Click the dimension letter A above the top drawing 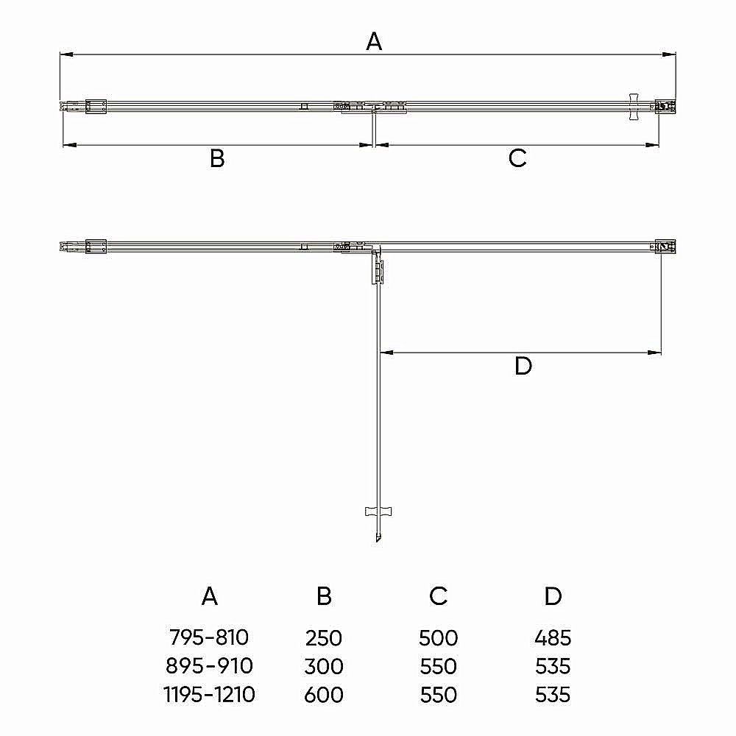click(374, 41)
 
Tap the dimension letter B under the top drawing click(217, 158)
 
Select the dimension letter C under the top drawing click(517, 158)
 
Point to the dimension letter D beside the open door click(523, 366)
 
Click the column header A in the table click(209, 596)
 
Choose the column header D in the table click(553, 596)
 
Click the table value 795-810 click(209, 637)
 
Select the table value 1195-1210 click(209, 695)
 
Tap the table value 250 click(323, 638)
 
